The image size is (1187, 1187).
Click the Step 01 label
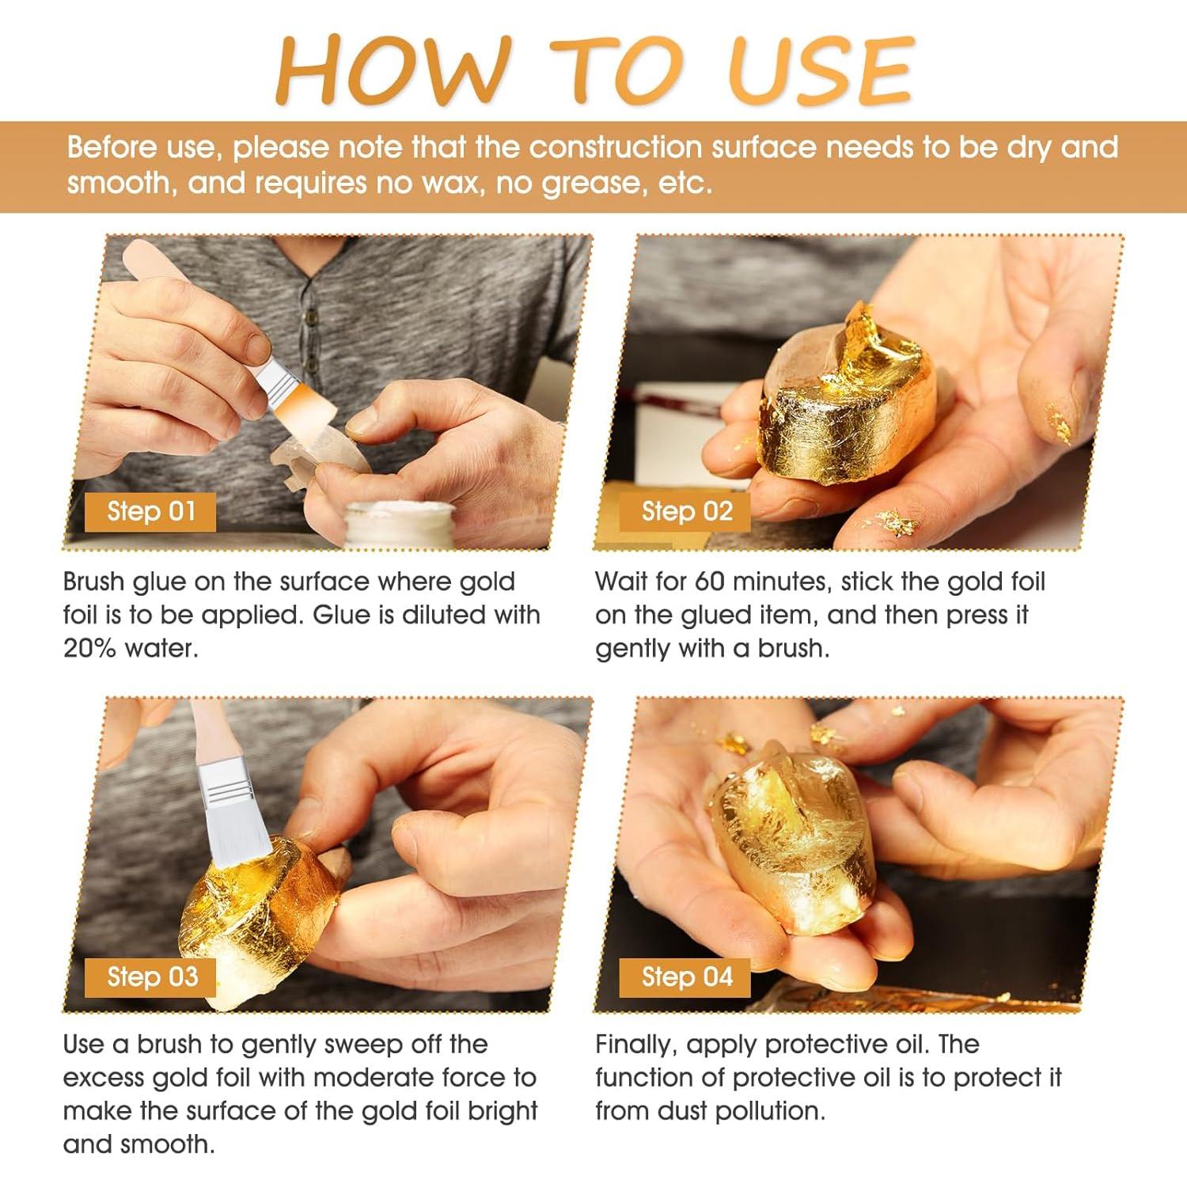150,511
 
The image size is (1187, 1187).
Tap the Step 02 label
686,511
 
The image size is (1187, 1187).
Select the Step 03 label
151,977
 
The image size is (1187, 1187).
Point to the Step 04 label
686,977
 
